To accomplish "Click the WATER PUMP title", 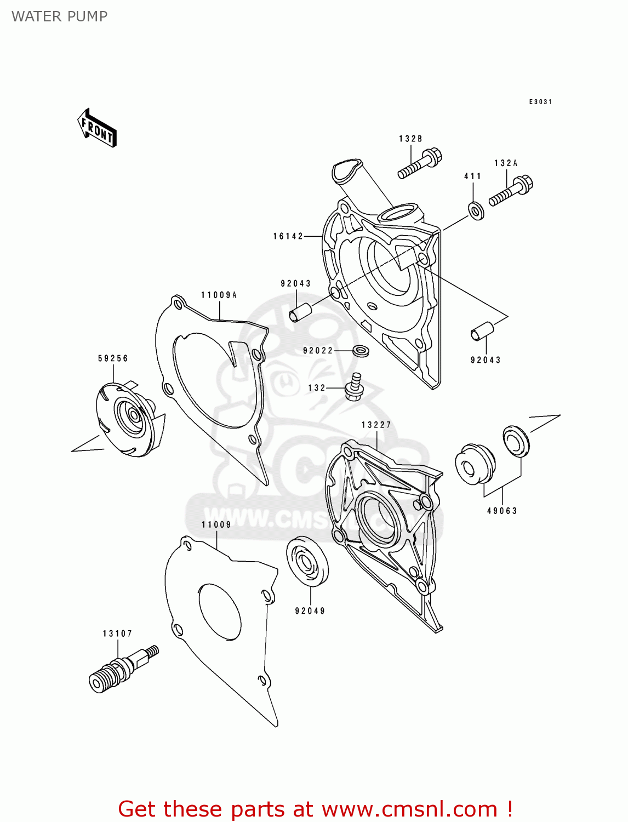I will click(x=59, y=16).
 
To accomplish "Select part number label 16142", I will click(x=288, y=236).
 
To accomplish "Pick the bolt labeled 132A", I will click(x=511, y=191).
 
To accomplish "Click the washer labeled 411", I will click(x=476, y=210).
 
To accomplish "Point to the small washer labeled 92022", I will click(x=360, y=350).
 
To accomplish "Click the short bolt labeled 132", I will click(x=353, y=386).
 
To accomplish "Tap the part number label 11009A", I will click(x=219, y=295).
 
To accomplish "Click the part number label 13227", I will click(x=376, y=425).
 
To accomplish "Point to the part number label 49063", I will click(x=502, y=511).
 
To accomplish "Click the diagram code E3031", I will click(x=540, y=102).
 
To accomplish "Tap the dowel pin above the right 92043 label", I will click(x=482, y=332).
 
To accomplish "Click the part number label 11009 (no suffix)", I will click(x=216, y=524).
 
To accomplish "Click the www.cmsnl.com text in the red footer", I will click(x=409, y=809).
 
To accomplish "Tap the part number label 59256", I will click(x=113, y=358).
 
